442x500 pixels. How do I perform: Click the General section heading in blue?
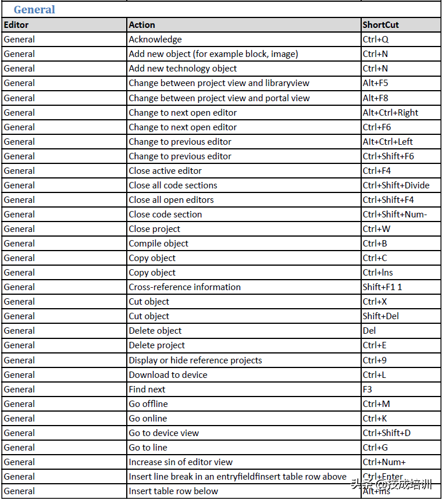[34, 10]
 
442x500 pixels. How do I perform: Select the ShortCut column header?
[380, 25]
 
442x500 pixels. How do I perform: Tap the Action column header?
[142, 25]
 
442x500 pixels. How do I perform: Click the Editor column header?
[16, 25]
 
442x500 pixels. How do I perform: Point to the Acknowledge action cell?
[155, 40]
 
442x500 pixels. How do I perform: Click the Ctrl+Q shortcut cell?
[375, 40]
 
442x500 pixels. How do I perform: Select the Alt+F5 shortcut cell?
[375, 83]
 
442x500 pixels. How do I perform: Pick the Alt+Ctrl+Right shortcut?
[390, 113]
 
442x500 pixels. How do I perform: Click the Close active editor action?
[165, 171]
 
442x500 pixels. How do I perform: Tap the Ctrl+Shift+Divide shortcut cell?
[396, 185]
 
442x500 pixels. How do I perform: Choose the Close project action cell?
[155, 229]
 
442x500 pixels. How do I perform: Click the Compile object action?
[159, 244]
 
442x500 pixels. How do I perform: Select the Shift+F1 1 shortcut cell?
[382, 287]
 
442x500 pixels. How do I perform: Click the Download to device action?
[168, 375]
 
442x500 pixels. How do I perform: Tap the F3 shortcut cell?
[368, 390]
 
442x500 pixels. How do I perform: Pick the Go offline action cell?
[148, 404]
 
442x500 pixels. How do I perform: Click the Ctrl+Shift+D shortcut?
[386, 433]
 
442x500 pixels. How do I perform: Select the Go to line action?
[148, 448]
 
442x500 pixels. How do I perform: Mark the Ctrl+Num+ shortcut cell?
[384, 462]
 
